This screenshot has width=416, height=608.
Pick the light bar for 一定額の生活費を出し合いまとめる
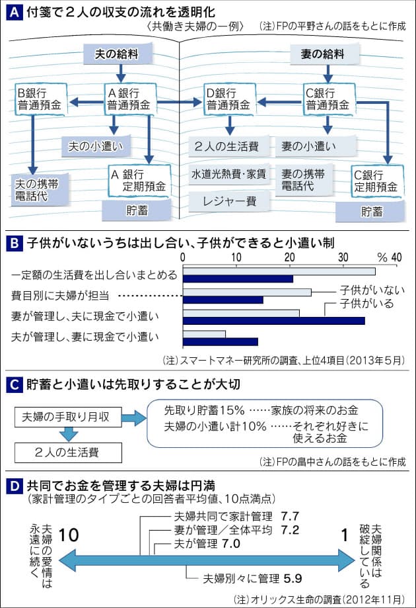279,271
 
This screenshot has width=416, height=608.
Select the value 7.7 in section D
291,514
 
